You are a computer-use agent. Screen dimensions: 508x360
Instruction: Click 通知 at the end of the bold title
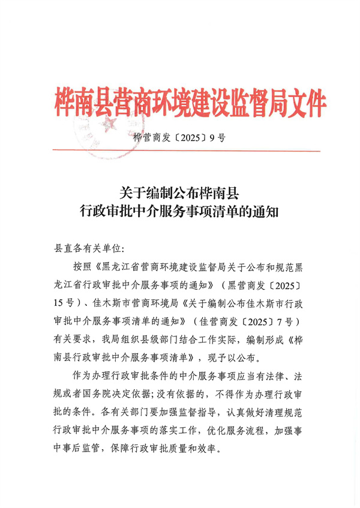pos(265,212)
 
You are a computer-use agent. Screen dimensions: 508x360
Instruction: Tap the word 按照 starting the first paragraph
pos(82,266)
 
